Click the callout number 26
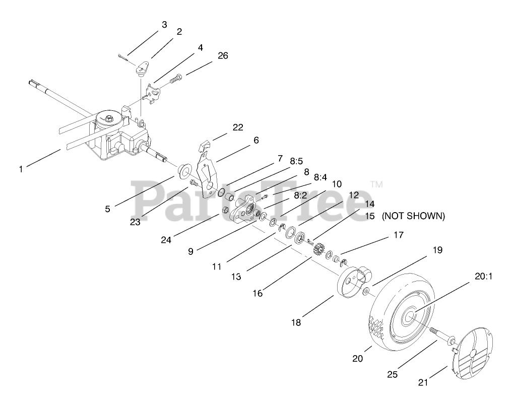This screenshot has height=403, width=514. (x=222, y=55)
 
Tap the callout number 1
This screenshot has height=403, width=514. (x=21, y=169)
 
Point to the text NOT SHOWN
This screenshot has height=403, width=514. (x=413, y=216)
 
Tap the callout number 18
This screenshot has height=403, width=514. (x=296, y=322)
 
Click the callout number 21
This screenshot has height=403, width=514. (x=423, y=382)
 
